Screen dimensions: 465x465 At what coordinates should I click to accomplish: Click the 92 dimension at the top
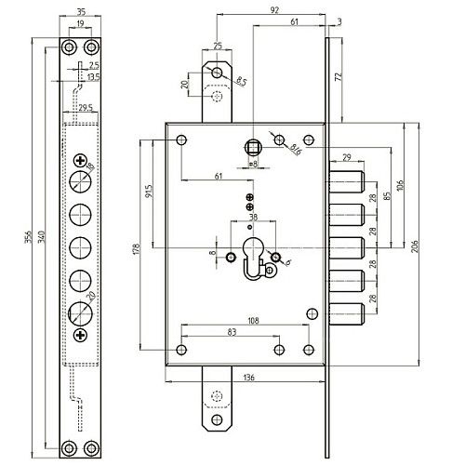[x=272, y=10]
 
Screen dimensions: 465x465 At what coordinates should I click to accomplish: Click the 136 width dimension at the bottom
[x=250, y=378]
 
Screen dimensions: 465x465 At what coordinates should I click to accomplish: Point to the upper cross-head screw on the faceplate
[x=80, y=164]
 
